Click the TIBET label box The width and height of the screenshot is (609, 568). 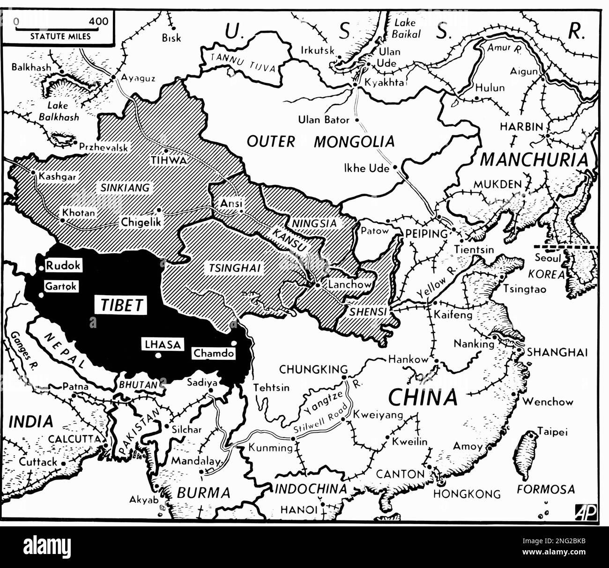tap(121, 305)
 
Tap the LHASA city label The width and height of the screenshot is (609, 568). tap(162, 345)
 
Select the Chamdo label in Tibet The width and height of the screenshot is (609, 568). tap(213, 353)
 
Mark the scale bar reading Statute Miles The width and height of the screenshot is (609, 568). tap(61, 29)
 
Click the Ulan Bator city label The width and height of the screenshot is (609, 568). tap(324, 120)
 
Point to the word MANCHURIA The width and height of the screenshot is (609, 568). tap(534, 160)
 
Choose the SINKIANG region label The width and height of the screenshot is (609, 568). tap(125, 188)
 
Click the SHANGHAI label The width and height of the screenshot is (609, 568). tap(557, 352)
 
